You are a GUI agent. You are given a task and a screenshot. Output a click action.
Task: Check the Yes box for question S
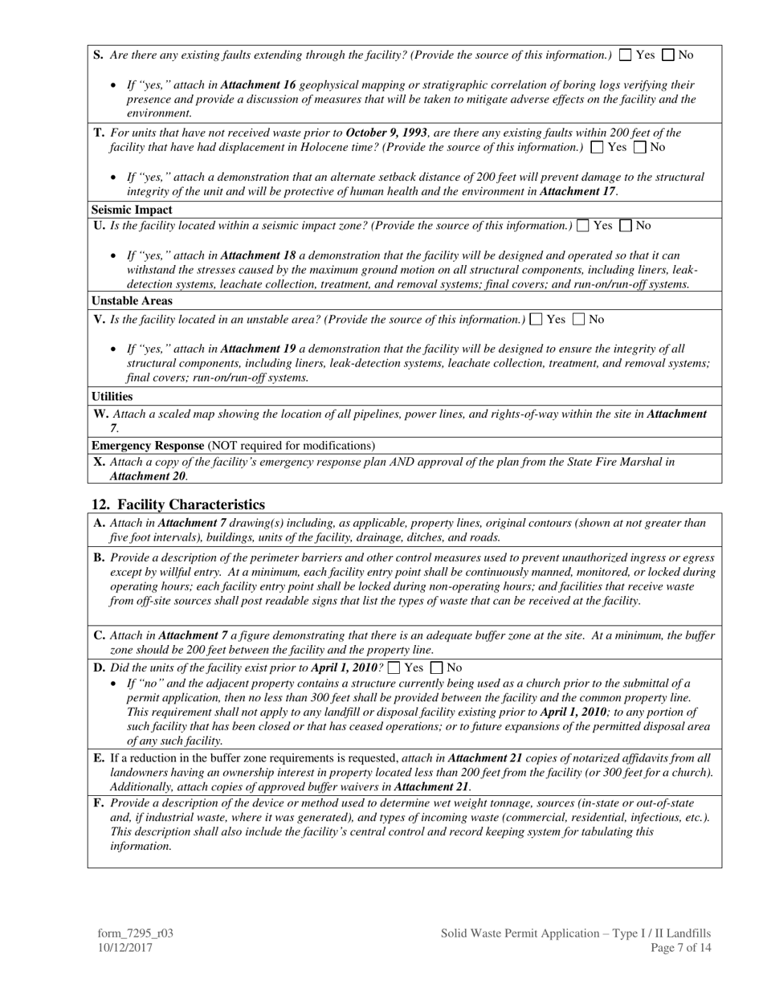click(x=626, y=55)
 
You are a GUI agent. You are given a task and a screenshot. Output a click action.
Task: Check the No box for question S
click(x=668, y=55)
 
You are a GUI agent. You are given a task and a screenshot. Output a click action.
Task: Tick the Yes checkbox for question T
click(x=597, y=147)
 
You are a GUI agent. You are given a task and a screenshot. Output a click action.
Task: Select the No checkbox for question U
click(x=626, y=226)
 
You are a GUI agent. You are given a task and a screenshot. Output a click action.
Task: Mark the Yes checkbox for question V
click(x=537, y=320)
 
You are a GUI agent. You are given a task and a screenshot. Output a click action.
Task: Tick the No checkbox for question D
click(x=437, y=668)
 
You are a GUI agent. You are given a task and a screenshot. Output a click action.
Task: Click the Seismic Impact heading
click(x=132, y=210)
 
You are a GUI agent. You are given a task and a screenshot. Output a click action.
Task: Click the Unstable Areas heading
click(x=132, y=301)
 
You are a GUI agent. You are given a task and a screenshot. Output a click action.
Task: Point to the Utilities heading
click(x=112, y=397)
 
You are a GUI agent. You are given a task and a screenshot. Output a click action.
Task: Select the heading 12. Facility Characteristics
click(x=178, y=504)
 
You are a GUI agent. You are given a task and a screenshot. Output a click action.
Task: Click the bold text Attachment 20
click(x=147, y=476)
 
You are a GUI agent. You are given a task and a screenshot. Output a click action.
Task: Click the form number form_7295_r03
click(x=136, y=933)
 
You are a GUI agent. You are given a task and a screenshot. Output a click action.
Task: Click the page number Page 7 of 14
click(x=681, y=948)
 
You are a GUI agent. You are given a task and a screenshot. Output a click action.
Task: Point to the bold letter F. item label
click(x=99, y=803)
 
